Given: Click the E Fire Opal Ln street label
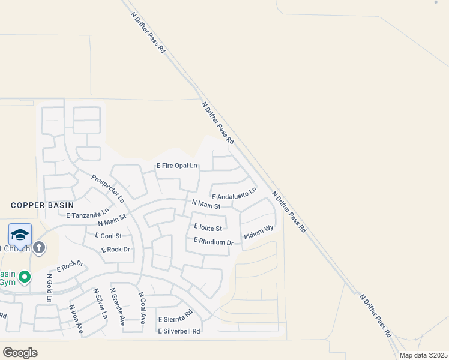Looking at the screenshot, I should (177, 166).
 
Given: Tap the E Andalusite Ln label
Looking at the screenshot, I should (234, 194).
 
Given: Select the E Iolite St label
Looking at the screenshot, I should (208, 228).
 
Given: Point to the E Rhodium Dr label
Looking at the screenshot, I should (213, 242).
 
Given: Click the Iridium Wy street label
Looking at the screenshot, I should (259, 233).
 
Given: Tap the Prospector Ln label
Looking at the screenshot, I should (108, 188).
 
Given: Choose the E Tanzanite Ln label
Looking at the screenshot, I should (88, 214).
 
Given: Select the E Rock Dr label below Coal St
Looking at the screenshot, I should (116, 250).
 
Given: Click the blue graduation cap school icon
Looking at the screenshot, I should (20, 235).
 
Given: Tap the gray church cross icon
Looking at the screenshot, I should (39, 247).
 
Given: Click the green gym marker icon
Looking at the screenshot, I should (24, 277).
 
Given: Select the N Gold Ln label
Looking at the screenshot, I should (49, 289).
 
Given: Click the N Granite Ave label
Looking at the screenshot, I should (117, 307).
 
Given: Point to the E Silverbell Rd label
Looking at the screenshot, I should (179, 330).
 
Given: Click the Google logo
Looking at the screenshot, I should (20, 353).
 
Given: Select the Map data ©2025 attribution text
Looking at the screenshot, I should (423, 355).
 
